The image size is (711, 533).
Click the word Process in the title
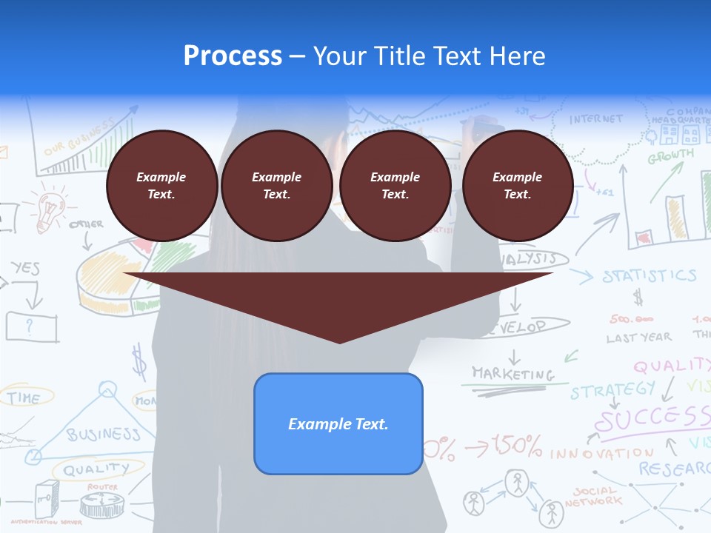click(x=233, y=56)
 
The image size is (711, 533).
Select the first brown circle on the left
click(x=161, y=186)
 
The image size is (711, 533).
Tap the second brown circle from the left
click(x=276, y=186)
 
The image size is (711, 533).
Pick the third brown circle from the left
click(x=395, y=186)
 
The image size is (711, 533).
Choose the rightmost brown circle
click(x=517, y=186)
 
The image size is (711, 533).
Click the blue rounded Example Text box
click(x=338, y=423)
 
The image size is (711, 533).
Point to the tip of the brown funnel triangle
click(x=339, y=341)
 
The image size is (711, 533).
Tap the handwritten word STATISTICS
click(x=649, y=276)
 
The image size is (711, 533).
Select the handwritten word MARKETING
click(x=513, y=373)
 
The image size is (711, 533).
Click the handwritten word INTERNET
click(x=596, y=119)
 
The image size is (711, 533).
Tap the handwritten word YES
click(x=26, y=268)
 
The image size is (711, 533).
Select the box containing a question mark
click(x=31, y=326)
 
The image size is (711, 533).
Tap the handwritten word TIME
click(x=24, y=398)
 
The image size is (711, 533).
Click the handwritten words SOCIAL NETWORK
click(x=593, y=496)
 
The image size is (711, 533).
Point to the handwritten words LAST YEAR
click(x=638, y=338)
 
